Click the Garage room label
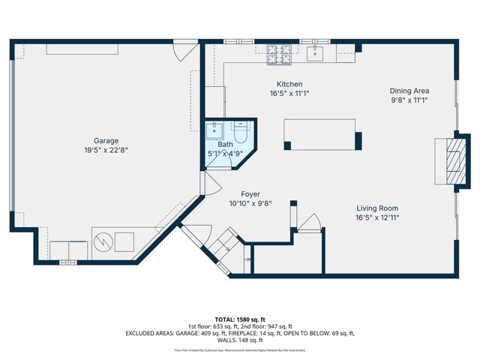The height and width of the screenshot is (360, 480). pyautogui.click(x=106, y=139)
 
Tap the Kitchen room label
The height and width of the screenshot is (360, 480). pyautogui.click(x=289, y=84)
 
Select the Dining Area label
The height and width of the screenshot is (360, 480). pyautogui.click(x=409, y=91)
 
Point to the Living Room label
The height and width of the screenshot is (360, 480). pyautogui.click(x=377, y=208)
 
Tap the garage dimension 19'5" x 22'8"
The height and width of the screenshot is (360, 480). pyautogui.click(x=106, y=149)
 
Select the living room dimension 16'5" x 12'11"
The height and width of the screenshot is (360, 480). pyautogui.click(x=377, y=218)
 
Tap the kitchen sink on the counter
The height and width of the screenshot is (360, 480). pyautogui.click(x=316, y=52)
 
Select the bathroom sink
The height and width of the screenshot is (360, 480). pyautogui.click(x=214, y=129)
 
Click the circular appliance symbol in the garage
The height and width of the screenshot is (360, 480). pyautogui.click(x=103, y=242)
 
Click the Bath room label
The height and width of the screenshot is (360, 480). pyautogui.click(x=226, y=145)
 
